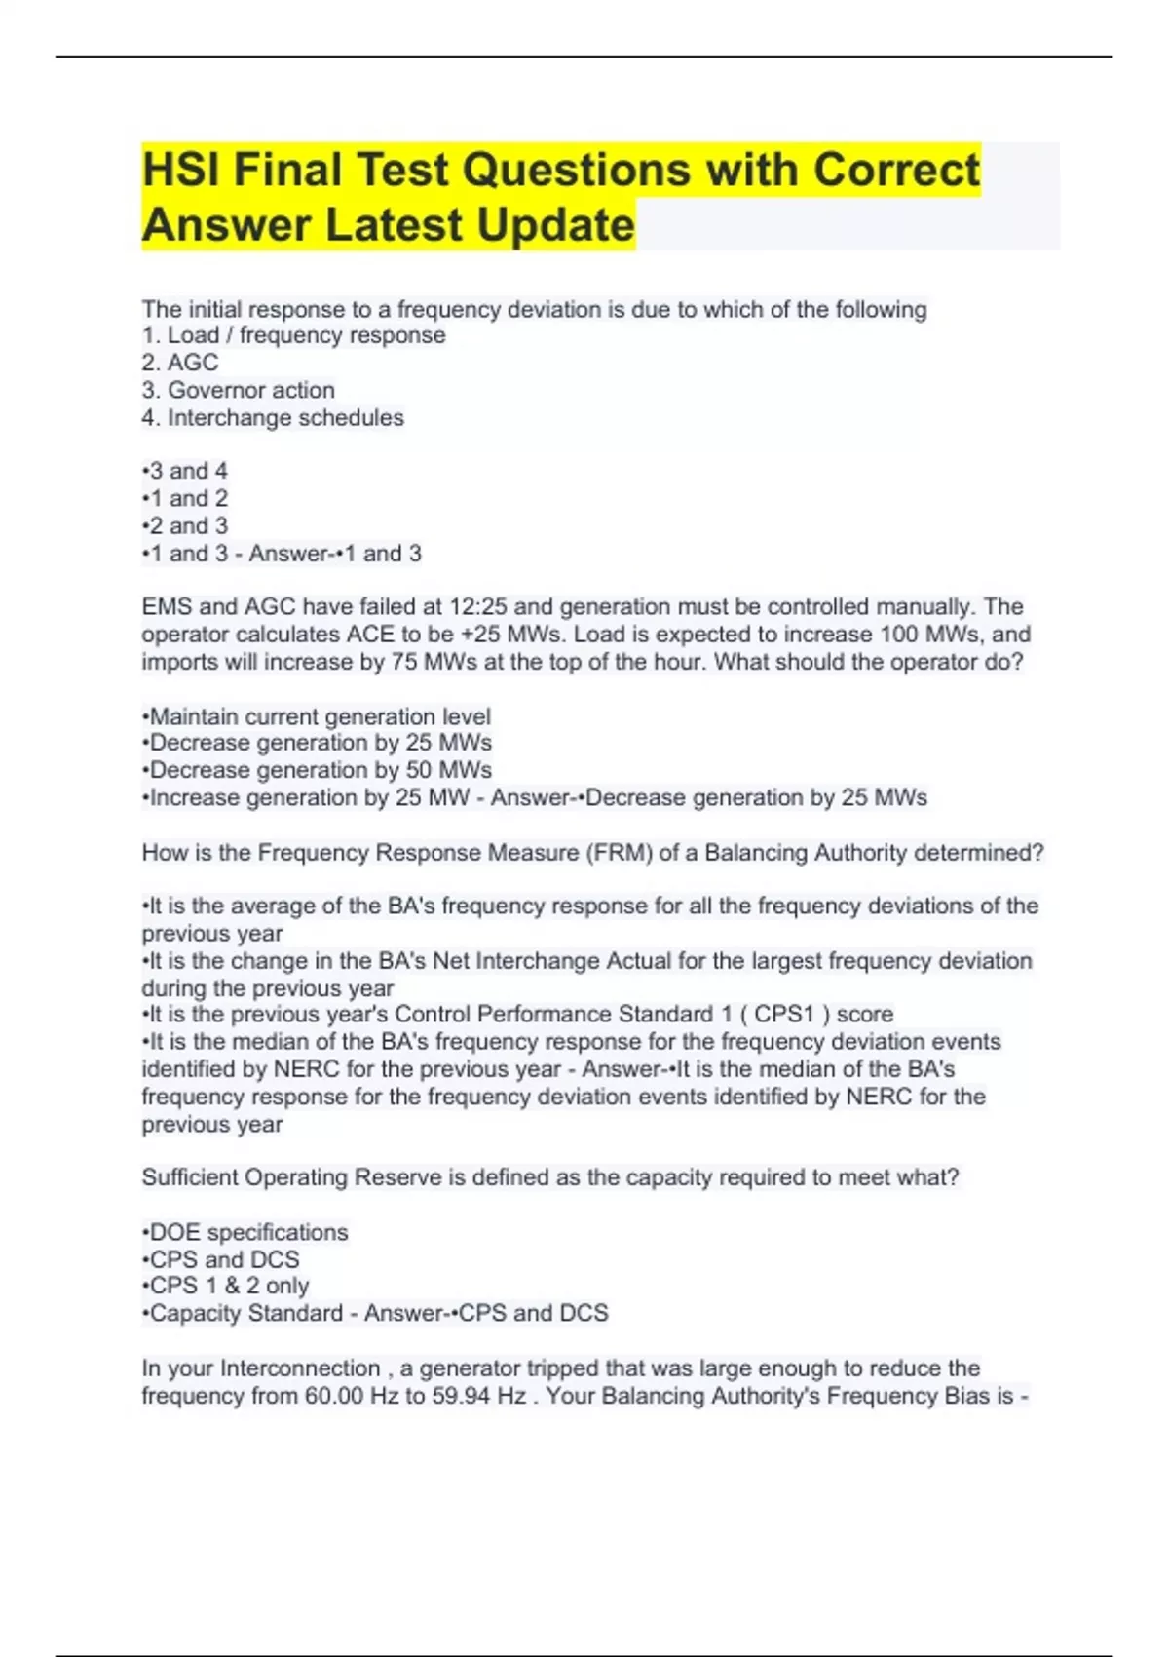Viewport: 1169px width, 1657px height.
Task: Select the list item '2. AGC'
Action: [180, 363]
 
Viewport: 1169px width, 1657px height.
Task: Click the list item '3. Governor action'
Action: [239, 390]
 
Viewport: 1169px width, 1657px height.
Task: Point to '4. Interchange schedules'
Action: [273, 418]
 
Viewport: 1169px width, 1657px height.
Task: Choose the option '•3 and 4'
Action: [185, 471]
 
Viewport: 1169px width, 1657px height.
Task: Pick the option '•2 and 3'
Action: [185, 526]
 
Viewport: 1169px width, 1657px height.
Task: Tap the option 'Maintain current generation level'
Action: [318, 716]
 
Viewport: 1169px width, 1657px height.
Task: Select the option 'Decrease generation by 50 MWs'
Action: [318, 770]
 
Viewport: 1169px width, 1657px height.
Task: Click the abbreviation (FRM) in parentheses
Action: [619, 853]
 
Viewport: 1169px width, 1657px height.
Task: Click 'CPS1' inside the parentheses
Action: [784, 1015]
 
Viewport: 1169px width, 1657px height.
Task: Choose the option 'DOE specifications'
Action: [245, 1232]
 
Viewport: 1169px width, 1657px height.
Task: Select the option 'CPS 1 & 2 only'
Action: [226, 1286]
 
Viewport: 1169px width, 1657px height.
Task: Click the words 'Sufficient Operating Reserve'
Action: [292, 1177]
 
